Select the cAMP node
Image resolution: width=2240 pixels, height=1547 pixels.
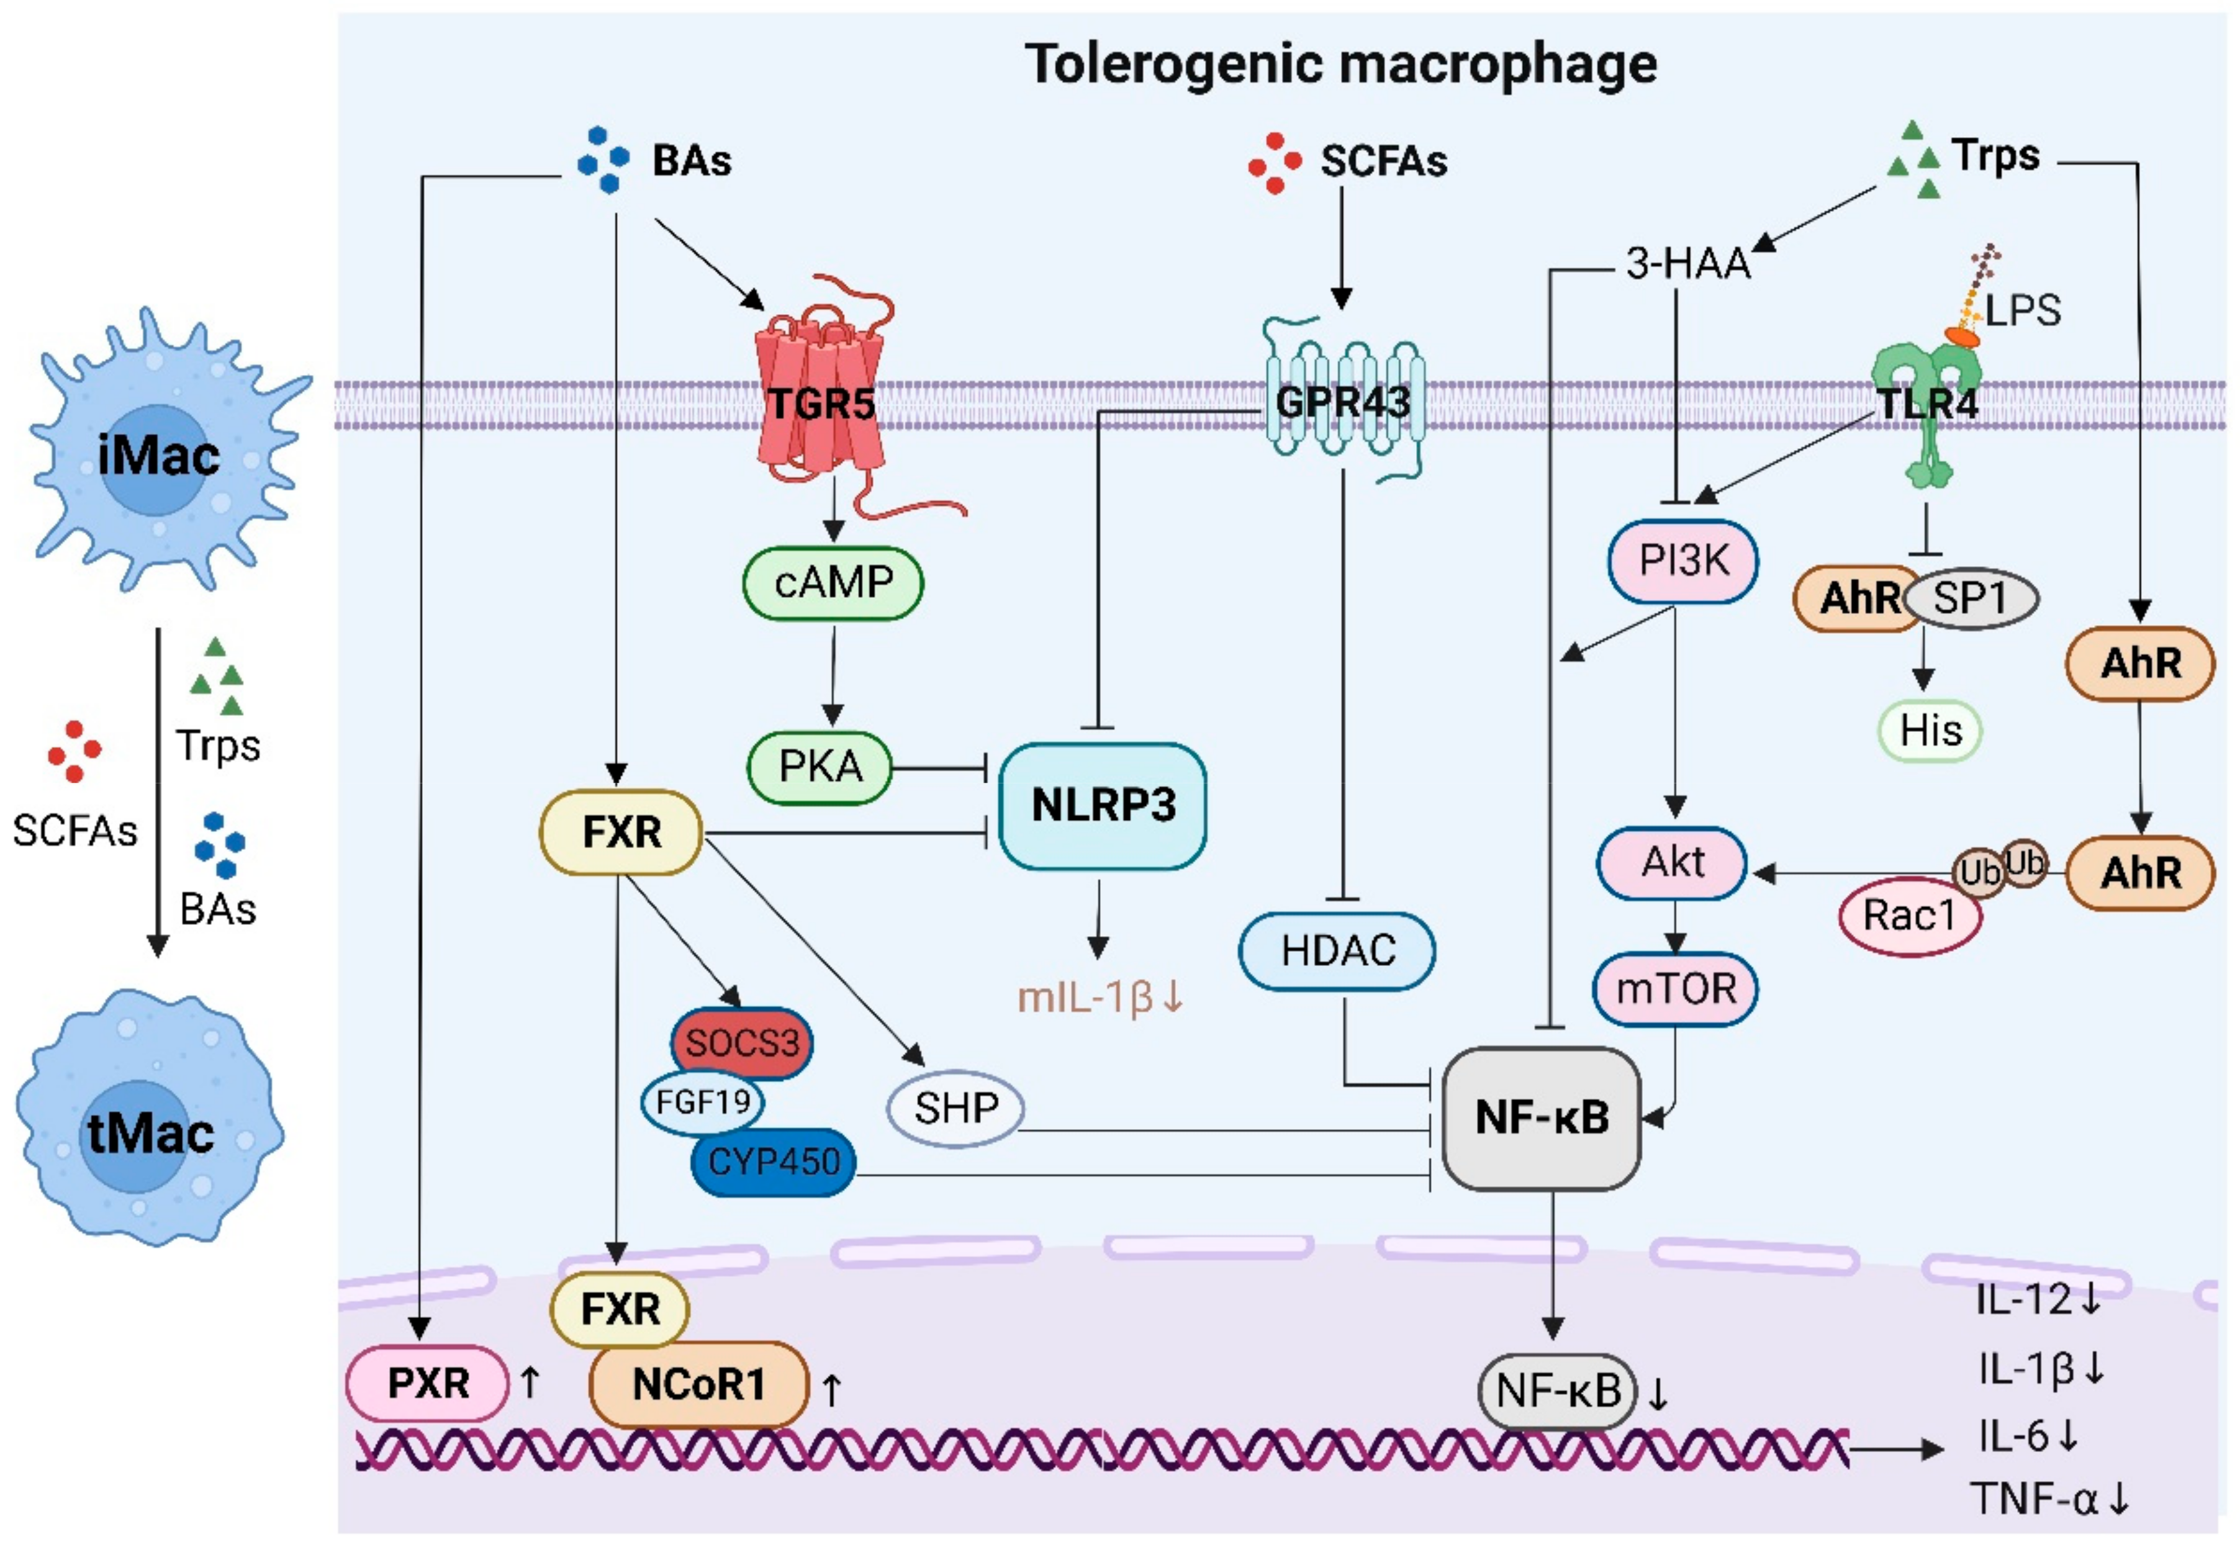tap(833, 582)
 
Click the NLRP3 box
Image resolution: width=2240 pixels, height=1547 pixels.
tap(1103, 806)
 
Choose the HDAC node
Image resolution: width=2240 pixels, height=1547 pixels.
tap(1337, 951)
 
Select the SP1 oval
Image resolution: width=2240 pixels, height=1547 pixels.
tap(1971, 599)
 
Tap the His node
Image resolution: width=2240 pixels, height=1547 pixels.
tap(1930, 731)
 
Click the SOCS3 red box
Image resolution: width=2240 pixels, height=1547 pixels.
tap(743, 1043)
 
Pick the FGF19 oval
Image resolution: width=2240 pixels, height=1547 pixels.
tap(703, 1102)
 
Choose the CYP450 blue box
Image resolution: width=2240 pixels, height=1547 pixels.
tap(774, 1161)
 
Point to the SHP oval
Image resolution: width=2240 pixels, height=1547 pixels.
tap(955, 1109)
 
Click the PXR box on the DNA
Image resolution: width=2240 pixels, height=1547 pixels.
tap(428, 1383)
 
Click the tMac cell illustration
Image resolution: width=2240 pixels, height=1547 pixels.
tap(150, 1117)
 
